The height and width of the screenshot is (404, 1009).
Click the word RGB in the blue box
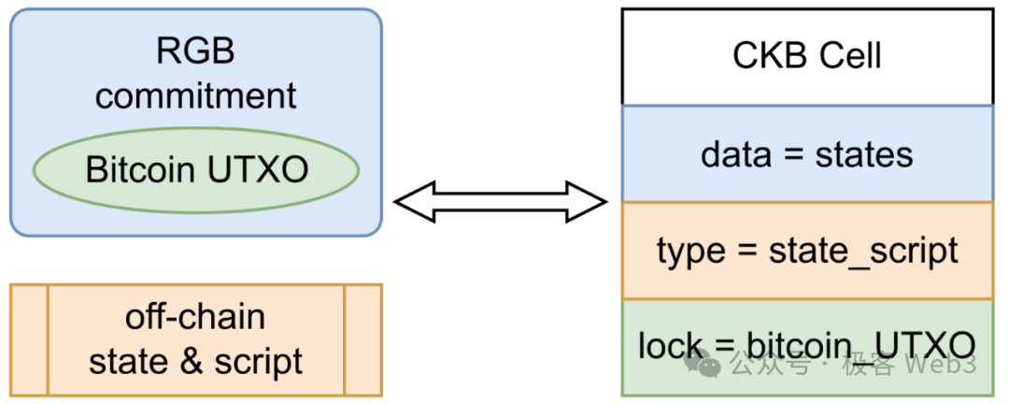195,50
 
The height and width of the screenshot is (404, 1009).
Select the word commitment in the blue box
195,95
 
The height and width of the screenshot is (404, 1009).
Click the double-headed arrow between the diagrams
500,201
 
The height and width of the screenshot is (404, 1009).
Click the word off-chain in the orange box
195,317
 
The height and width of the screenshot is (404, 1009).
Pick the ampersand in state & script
192,361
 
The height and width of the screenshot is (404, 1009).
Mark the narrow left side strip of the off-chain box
29,339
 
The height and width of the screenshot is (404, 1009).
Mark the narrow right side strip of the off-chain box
362,339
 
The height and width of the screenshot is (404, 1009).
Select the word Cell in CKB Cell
850,56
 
